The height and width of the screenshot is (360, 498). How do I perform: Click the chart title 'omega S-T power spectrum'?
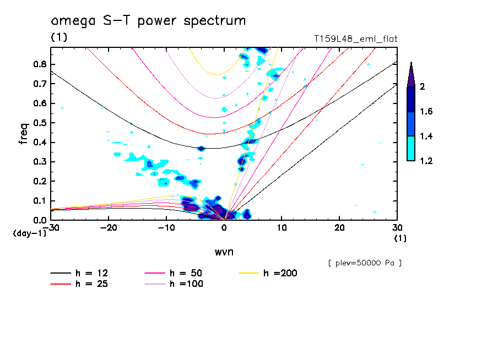148,21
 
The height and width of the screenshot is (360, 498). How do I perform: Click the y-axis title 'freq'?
24,133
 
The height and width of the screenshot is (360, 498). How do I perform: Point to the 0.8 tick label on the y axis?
39,64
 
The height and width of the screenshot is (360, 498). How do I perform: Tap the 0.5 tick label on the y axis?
39,123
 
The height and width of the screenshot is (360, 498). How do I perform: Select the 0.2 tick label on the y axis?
39,181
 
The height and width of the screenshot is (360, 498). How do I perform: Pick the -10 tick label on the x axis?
166,227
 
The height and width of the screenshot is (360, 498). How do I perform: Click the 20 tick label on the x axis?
339,227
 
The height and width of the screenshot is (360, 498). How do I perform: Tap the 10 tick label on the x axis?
282,227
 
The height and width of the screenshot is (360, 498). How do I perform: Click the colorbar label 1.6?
426,112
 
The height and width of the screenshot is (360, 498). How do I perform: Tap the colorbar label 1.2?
426,161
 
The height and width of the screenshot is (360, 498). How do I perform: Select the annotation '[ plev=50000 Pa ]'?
364,263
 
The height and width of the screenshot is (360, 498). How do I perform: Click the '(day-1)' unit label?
29,233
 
